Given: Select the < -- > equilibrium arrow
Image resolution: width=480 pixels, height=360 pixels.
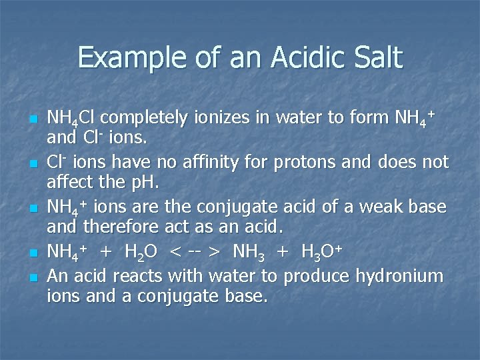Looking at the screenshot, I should coord(195,253).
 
